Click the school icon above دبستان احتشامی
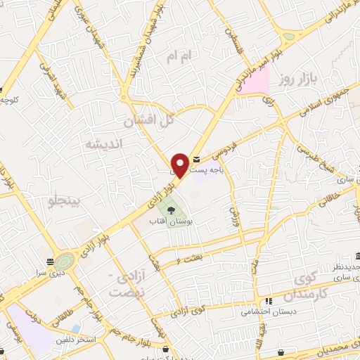pyautogui.click(x=269, y=301)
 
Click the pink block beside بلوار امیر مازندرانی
pyautogui.click(x=257, y=82)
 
